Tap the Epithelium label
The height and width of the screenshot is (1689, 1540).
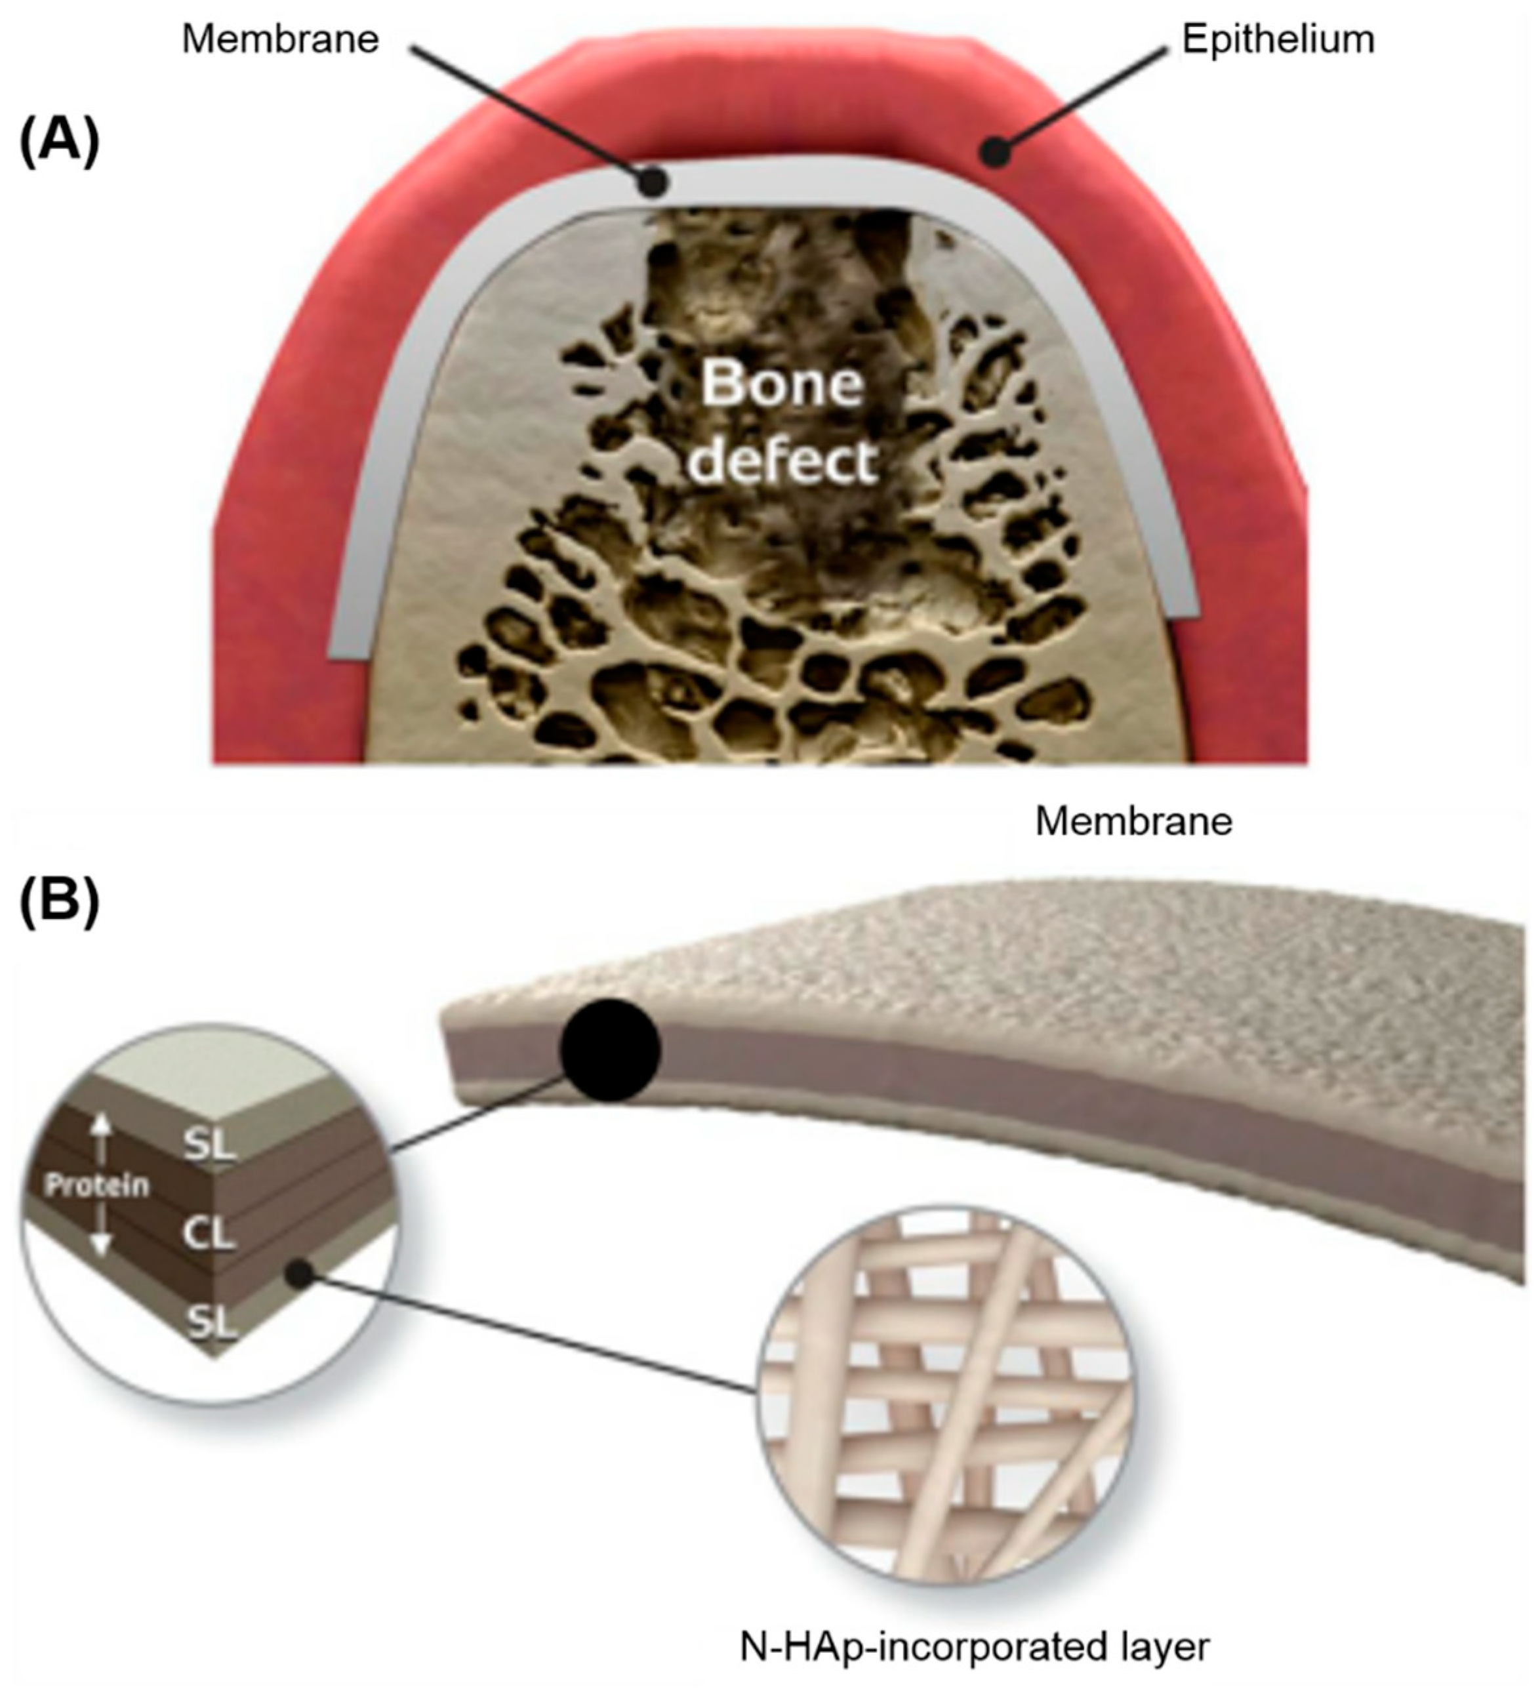(x=1278, y=39)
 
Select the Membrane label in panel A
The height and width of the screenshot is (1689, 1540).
(x=281, y=39)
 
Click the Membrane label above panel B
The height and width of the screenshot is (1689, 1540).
(x=1133, y=822)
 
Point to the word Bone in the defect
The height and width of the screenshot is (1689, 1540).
(x=782, y=384)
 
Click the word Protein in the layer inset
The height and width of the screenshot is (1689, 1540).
(x=97, y=1185)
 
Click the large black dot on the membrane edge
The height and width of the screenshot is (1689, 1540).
(x=611, y=1049)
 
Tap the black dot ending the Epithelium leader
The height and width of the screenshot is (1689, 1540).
(x=994, y=152)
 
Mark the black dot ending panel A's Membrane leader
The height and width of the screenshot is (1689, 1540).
(x=653, y=181)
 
